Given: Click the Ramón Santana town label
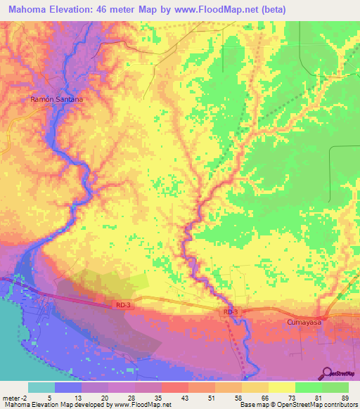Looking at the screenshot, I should coord(57,100).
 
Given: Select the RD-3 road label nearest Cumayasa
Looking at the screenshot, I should coord(231,311).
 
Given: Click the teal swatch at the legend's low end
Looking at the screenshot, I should coord(41,387).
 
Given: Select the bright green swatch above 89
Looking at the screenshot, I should coord(335,387).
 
